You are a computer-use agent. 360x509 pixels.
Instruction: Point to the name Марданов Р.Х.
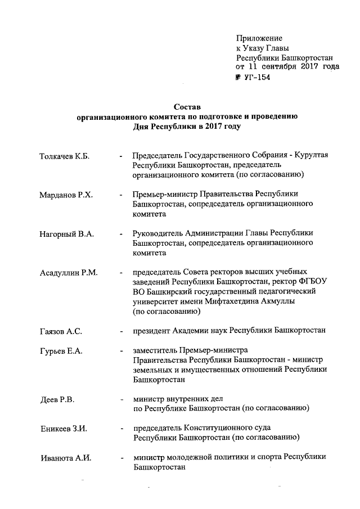[66, 195]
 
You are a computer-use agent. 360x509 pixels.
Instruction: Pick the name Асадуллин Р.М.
[69, 273]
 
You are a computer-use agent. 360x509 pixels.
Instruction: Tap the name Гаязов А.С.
[61, 332]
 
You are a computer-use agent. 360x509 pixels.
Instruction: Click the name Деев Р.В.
[57, 400]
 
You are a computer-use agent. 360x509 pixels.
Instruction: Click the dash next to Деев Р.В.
[121, 400]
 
